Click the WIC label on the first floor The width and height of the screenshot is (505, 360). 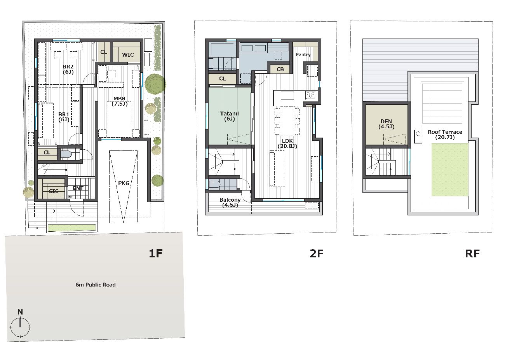pyautogui.click(x=128, y=55)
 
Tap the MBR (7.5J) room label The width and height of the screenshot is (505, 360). pyautogui.click(x=120, y=101)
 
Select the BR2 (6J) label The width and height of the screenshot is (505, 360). pyautogui.click(x=68, y=69)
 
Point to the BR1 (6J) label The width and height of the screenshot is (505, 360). pyautogui.click(x=64, y=117)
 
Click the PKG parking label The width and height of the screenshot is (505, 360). pyautogui.click(x=124, y=183)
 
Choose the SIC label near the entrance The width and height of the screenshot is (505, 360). pyautogui.click(x=54, y=191)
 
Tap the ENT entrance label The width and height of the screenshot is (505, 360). pyautogui.click(x=78, y=188)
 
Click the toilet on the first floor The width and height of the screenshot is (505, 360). pyautogui.click(x=66, y=154)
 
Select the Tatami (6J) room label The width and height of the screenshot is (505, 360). pyautogui.click(x=230, y=116)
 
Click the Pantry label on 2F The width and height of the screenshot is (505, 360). pyautogui.click(x=303, y=54)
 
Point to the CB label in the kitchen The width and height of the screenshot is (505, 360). pyautogui.click(x=280, y=69)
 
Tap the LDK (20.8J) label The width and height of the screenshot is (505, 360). pyautogui.click(x=287, y=144)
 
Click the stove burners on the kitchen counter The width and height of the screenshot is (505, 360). pyautogui.click(x=310, y=95)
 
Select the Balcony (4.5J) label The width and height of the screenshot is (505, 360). pyautogui.click(x=230, y=202)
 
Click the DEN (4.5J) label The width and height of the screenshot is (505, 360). pyautogui.click(x=386, y=124)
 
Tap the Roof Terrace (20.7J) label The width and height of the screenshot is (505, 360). pyautogui.click(x=445, y=135)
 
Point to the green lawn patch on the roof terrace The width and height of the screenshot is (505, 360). pyautogui.click(x=450, y=170)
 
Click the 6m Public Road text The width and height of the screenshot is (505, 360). pyautogui.click(x=96, y=285)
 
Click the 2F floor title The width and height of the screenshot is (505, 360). pyautogui.click(x=316, y=253)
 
